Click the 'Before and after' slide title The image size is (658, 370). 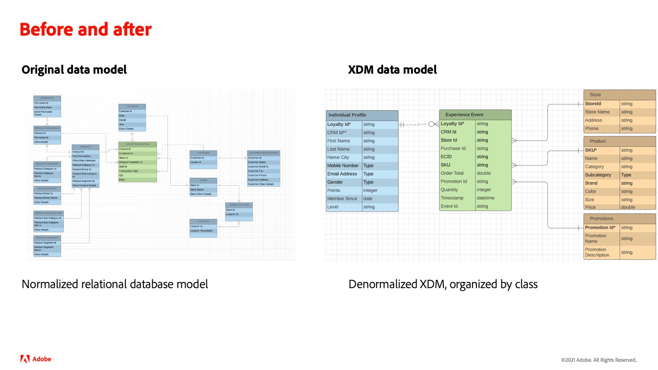tap(86, 29)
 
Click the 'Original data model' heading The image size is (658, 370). tap(74, 70)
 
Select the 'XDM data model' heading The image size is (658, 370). tap(392, 70)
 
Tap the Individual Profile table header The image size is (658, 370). tap(362, 115)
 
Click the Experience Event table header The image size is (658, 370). tap(475, 115)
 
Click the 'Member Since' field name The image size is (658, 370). tap(342, 199)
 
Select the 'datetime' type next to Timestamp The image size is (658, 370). tap(486, 198)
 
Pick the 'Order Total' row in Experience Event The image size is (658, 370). tap(452, 173)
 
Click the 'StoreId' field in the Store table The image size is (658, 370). tap(593, 104)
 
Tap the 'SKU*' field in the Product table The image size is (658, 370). tap(591, 150)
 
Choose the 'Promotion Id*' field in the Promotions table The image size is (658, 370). tap(600, 227)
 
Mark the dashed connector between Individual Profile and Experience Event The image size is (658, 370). tap(416, 125)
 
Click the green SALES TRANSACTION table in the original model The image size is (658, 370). tap(137, 162)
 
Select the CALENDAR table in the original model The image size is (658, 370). tap(132, 118)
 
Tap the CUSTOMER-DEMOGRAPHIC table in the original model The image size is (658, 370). tap(263, 169)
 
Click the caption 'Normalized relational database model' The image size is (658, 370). tap(115, 284)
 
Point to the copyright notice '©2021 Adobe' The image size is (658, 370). tap(599, 360)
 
